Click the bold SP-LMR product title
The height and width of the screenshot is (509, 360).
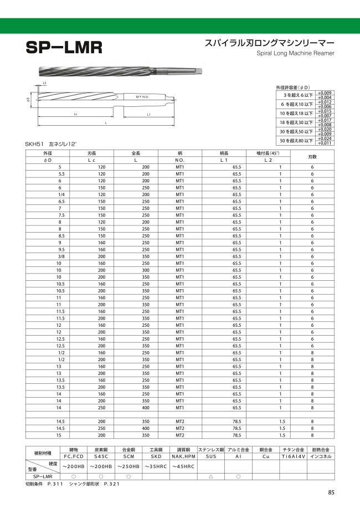(x=64, y=47)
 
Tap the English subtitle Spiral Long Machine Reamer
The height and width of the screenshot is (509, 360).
(x=296, y=53)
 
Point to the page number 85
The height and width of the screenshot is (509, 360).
(x=331, y=492)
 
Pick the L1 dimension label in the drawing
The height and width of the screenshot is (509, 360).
(x=149, y=114)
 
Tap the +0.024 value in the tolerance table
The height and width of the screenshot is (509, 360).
(x=325, y=139)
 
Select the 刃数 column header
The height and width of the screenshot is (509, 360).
(x=312, y=156)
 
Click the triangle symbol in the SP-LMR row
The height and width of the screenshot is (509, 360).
(x=211, y=476)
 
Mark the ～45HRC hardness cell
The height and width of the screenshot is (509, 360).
(x=183, y=467)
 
